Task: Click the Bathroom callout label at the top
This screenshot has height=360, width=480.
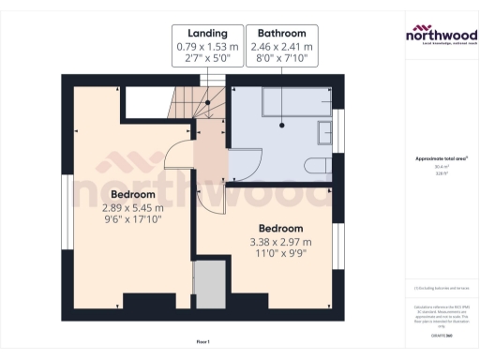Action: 255,33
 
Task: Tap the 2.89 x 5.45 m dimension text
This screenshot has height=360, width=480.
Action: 132,207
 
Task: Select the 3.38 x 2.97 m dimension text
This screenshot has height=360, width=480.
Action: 281,241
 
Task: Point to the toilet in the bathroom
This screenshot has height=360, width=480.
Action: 317,167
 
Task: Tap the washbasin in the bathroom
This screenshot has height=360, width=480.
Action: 325,131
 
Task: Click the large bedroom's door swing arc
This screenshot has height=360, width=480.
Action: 178,155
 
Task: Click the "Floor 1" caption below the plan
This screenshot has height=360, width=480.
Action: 203,340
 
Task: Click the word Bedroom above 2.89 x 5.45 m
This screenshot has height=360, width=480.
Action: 132,194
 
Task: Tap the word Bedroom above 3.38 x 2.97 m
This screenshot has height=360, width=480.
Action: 281,228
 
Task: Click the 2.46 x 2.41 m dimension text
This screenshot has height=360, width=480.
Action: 255,45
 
